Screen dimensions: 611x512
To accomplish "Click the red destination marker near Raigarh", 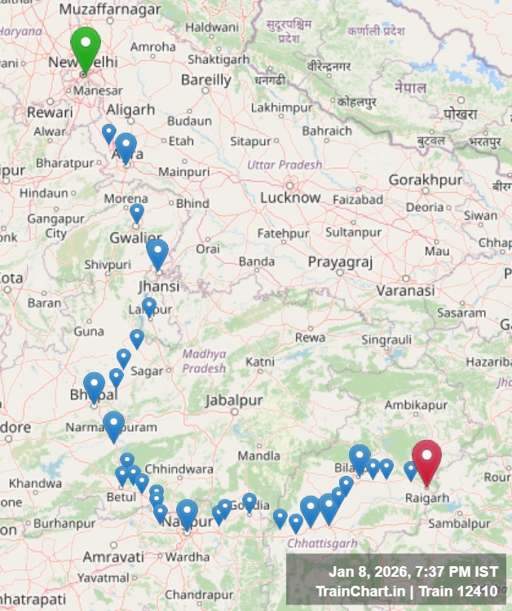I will tap(426, 459).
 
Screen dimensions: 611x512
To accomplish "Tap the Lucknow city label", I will tap(290, 197).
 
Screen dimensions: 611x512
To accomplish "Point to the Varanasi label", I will tap(405, 289).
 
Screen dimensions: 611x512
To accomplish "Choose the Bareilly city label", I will tap(205, 80).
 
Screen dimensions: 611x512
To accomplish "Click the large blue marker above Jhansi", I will tap(157, 252).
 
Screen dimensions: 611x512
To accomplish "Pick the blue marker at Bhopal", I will tap(95, 385).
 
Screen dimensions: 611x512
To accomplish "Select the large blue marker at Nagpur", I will tap(188, 512).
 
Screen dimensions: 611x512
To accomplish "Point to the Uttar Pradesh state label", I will tap(285, 165).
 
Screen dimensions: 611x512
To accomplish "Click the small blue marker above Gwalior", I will tap(137, 212).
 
